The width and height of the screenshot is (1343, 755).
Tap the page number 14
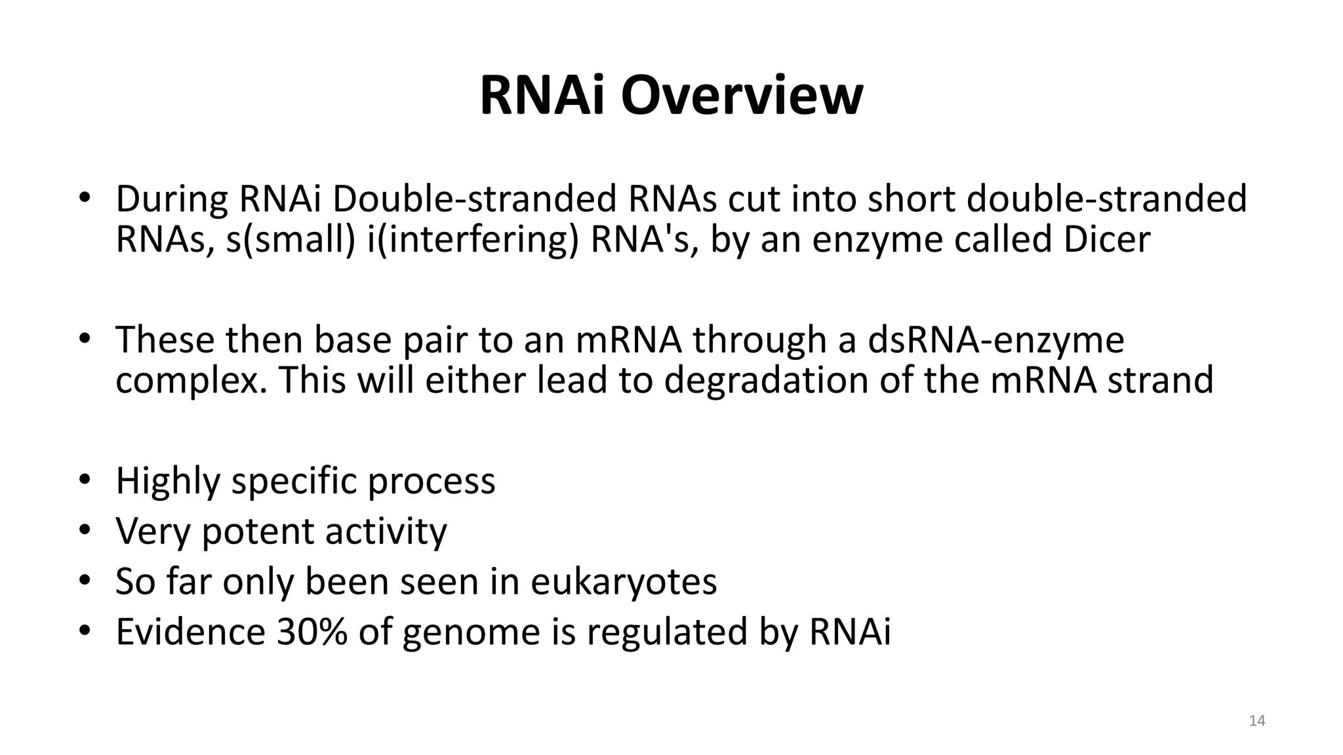1256,721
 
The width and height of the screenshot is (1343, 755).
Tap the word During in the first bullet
172,199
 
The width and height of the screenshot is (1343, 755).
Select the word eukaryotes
623,582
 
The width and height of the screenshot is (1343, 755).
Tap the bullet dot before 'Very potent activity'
85,531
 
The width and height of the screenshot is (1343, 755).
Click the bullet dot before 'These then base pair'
85,339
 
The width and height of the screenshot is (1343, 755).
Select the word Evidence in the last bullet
190,632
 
